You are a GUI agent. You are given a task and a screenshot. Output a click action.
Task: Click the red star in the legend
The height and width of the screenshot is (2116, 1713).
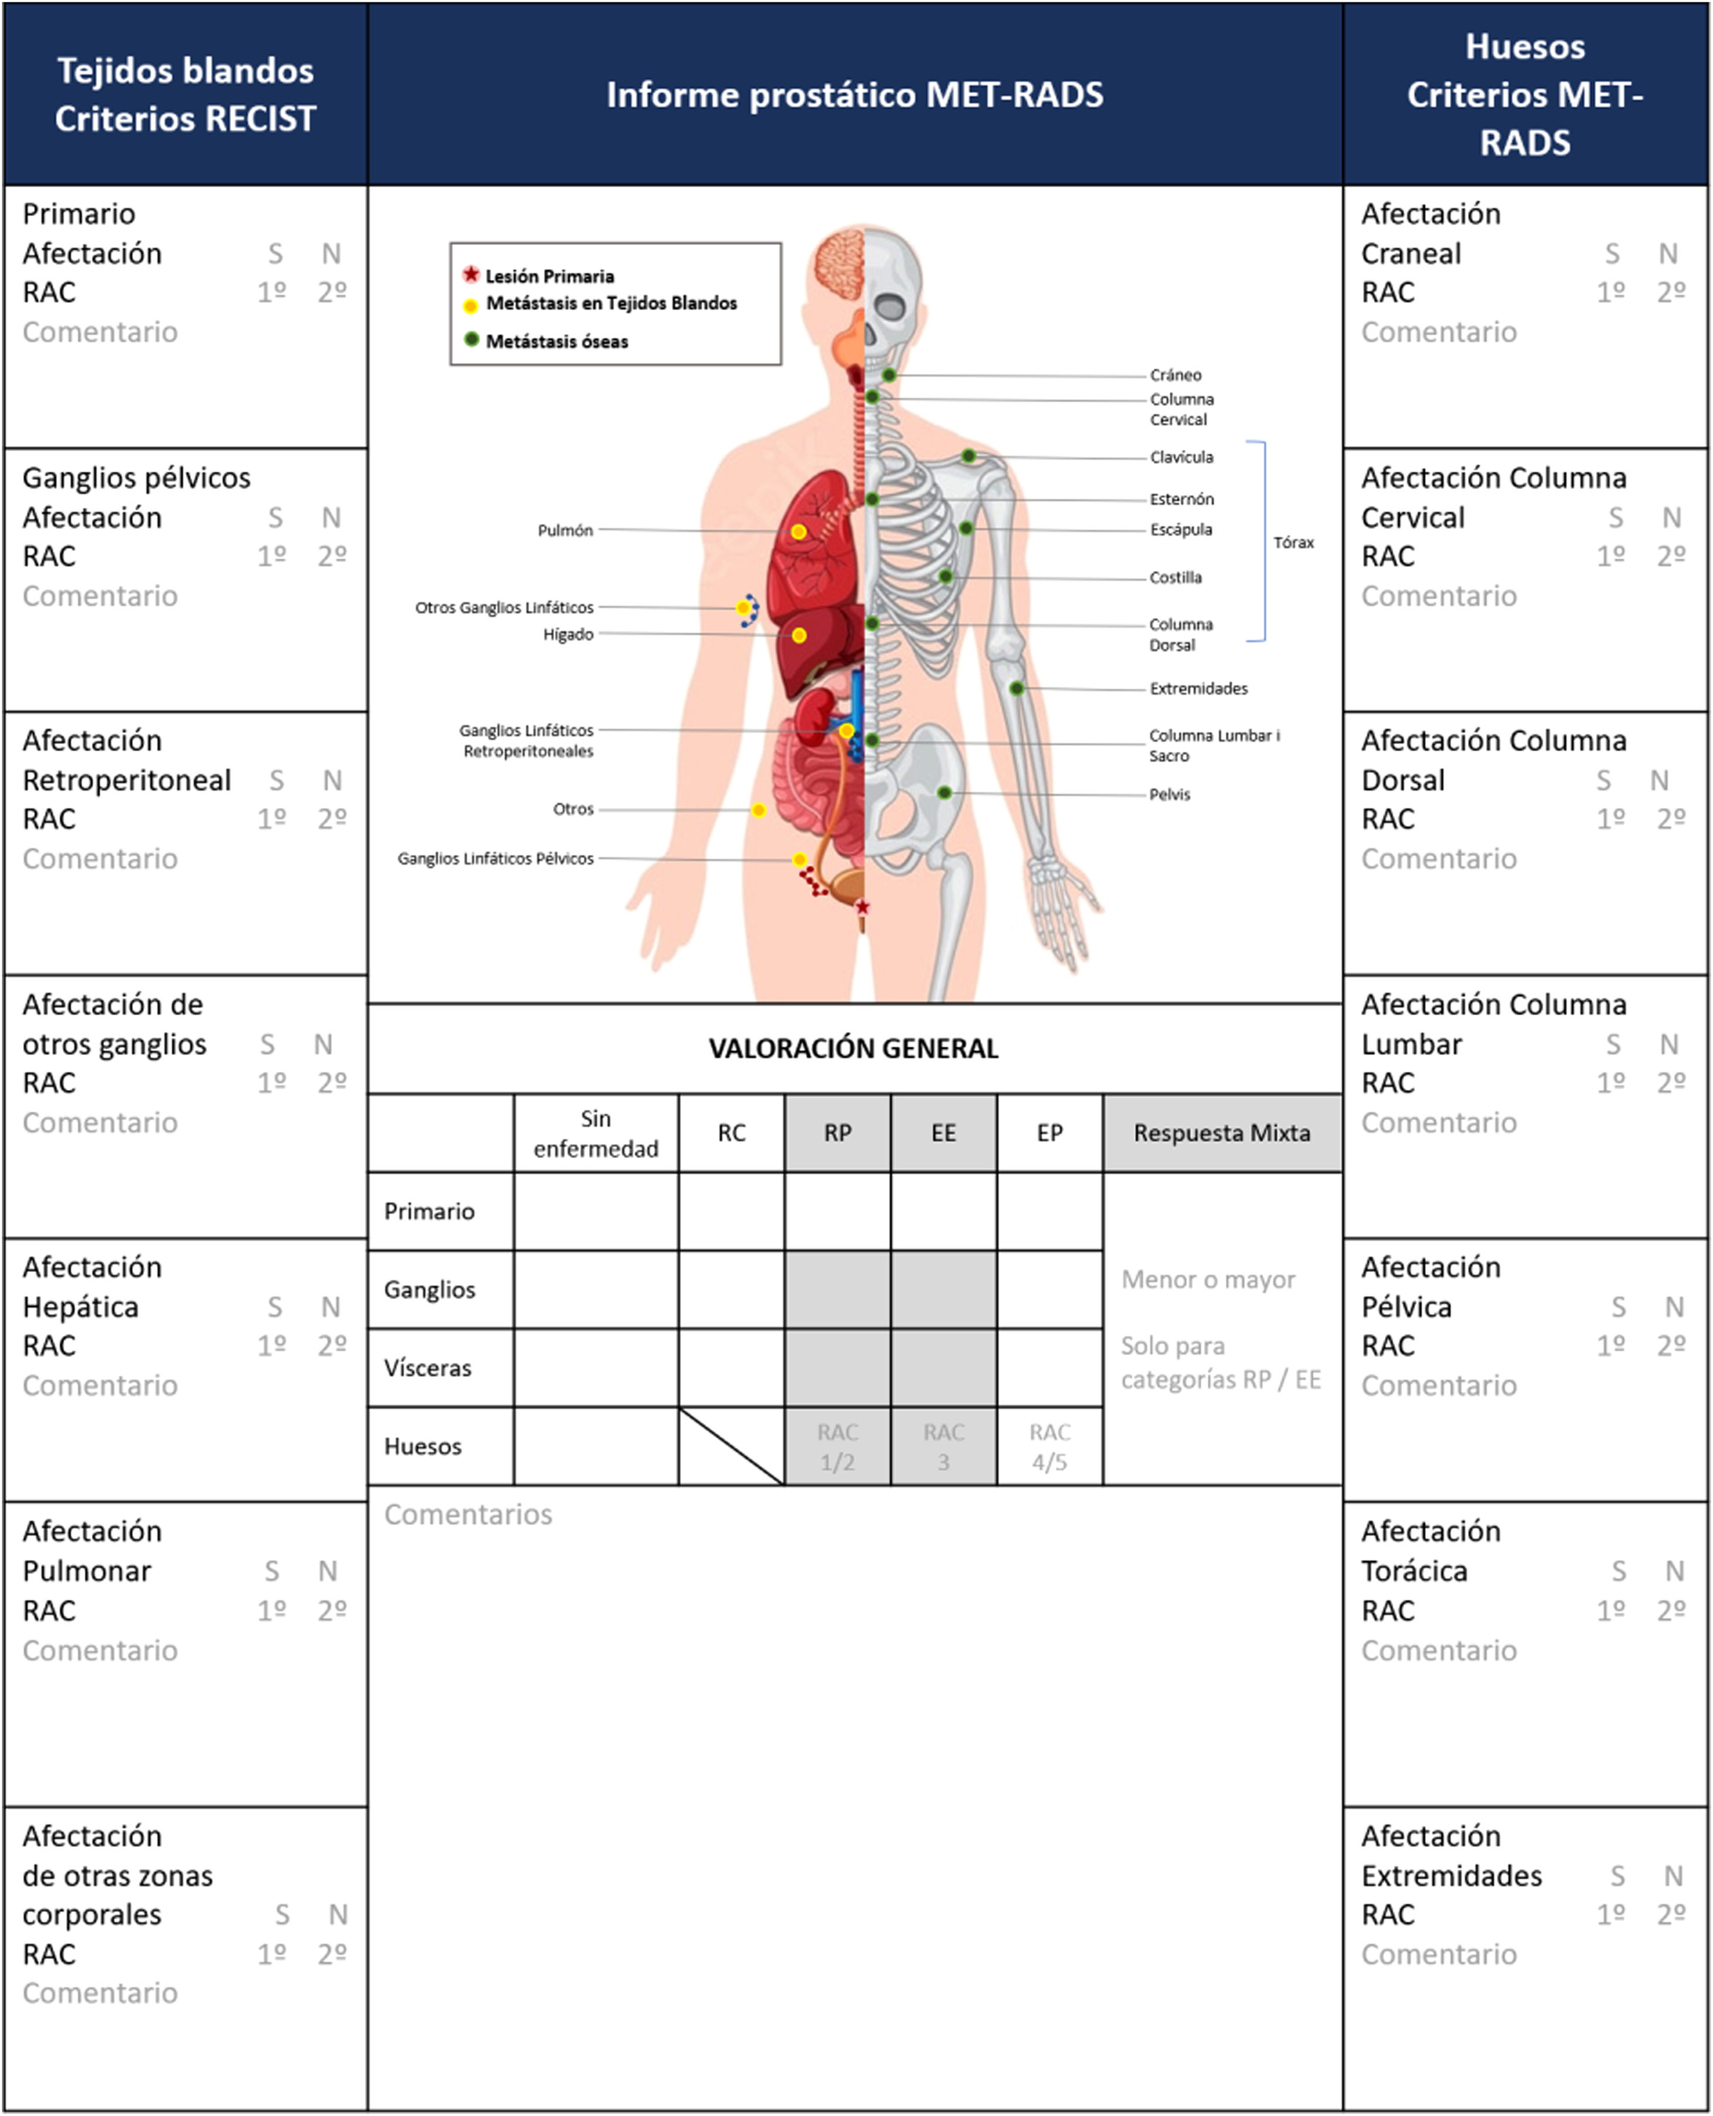[x=472, y=274]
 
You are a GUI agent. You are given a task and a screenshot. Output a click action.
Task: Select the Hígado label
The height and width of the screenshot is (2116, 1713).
[x=568, y=635]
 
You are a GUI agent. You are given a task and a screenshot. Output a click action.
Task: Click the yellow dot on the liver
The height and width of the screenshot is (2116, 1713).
[x=799, y=635]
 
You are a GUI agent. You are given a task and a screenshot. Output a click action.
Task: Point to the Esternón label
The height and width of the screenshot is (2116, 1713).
[x=1181, y=499]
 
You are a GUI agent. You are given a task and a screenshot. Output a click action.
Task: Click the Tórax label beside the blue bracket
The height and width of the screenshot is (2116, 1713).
[x=1293, y=543]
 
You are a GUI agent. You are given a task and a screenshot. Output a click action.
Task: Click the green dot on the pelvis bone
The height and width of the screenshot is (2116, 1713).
[x=944, y=792]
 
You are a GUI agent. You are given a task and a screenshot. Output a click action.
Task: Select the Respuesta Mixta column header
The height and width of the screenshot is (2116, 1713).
[x=1221, y=1133]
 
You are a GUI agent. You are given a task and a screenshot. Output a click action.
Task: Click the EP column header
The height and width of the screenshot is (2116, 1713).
[x=1050, y=1133]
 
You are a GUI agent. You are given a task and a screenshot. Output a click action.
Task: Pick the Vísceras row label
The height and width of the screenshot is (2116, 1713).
[x=428, y=1368]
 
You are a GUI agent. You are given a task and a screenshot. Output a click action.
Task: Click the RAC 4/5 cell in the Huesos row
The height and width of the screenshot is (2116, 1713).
[x=1050, y=1447]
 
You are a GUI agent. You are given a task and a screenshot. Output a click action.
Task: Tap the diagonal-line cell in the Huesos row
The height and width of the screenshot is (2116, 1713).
[x=731, y=1447]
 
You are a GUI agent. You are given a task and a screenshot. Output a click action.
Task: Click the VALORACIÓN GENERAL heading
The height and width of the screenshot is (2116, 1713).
[x=853, y=1048]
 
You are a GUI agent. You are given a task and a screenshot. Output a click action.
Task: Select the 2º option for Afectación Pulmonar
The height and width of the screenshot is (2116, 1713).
[x=332, y=1611]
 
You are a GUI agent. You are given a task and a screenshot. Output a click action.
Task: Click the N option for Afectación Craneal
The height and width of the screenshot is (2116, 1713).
[x=1668, y=254]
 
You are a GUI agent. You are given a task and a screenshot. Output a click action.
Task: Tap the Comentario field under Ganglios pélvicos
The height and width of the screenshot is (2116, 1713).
[x=100, y=596]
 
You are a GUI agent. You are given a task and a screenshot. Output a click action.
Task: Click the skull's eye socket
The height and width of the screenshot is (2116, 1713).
[x=890, y=306]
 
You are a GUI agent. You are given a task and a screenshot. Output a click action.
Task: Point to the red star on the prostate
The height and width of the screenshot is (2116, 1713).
[x=863, y=906]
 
